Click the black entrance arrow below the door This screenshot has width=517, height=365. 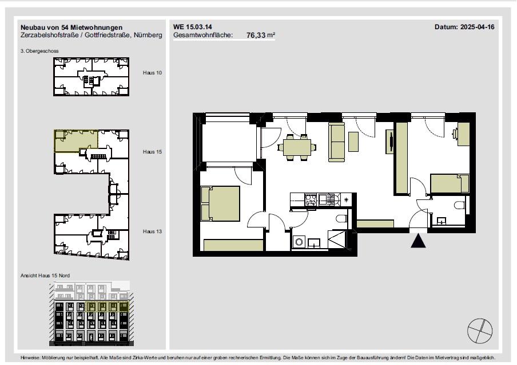(418, 241)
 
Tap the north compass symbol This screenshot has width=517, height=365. (480, 331)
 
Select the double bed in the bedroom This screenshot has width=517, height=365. (220, 204)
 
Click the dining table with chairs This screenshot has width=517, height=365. (297, 147)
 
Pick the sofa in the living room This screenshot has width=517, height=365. (337, 142)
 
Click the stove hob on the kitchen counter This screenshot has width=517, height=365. (311, 199)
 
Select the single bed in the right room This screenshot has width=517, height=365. (450, 184)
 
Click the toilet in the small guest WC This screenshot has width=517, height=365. (460, 205)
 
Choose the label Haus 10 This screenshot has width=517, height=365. (152, 73)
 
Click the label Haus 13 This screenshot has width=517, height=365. (152, 231)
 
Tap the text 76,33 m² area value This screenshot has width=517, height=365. (261, 35)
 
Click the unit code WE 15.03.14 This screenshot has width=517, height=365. (193, 27)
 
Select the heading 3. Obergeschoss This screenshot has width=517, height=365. (39, 51)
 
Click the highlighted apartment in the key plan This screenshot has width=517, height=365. (76, 141)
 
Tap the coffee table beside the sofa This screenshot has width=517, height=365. (353, 142)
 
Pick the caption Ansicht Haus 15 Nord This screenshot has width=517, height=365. (45, 276)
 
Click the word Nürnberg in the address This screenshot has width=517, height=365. (148, 35)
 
